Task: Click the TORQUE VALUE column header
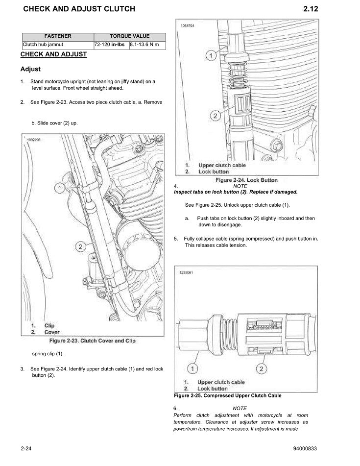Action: point(130,36)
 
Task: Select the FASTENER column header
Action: point(58,36)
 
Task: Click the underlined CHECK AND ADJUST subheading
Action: point(53,54)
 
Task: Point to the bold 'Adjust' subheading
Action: point(30,69)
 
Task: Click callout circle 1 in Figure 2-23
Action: point(59,188)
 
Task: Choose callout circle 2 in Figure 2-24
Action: point(215,116)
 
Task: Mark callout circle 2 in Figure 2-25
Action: point(262,368)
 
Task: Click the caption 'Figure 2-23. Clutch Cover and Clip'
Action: point(92,341)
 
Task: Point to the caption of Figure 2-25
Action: point(228,395)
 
